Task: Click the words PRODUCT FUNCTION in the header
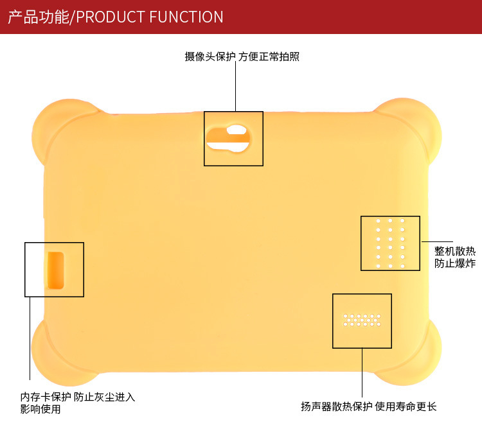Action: click(150, 17)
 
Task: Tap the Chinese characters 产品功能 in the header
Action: click(38, 17)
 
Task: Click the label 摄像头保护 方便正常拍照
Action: click(242, 57)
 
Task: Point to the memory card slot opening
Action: click(55, 269)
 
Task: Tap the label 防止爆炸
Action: click(455, 263)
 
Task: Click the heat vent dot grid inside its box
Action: click(390, 243)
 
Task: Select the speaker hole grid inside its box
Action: click(362, 320)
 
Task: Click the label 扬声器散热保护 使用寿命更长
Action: click(368, 406)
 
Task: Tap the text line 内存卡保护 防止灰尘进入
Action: click(78, 397)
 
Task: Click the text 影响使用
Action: click(40, 409)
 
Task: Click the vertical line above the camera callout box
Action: click(235, 87)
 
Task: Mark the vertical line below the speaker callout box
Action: click(362, 372)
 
